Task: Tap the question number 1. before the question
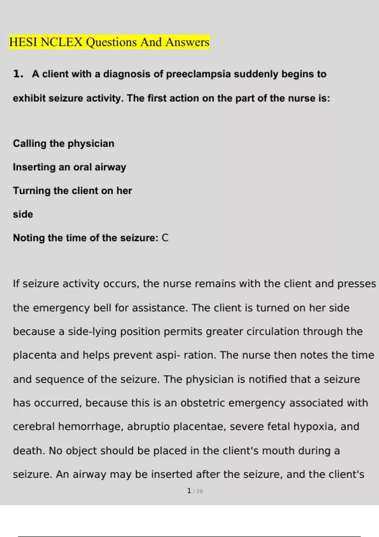[18, 74]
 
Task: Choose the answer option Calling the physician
[63, 143]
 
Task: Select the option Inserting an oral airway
[69, 167]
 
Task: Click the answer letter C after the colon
[165, 238]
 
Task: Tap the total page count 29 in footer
[199, 491]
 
